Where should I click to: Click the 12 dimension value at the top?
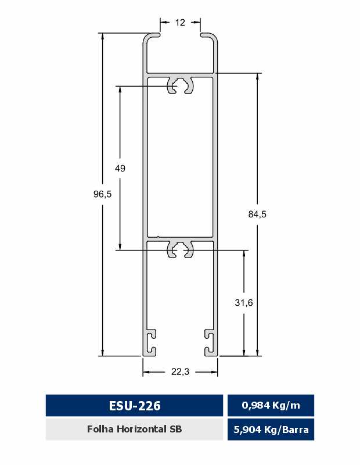180,23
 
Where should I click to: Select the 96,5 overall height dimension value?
103,194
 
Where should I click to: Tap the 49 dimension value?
120,169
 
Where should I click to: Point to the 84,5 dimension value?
257,214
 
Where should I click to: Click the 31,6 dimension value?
244,303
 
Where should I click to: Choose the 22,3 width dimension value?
180,371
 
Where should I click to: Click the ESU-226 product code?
135,406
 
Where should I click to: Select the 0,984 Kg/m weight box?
271,405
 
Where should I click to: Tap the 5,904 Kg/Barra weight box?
271,430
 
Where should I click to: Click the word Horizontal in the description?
141,429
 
